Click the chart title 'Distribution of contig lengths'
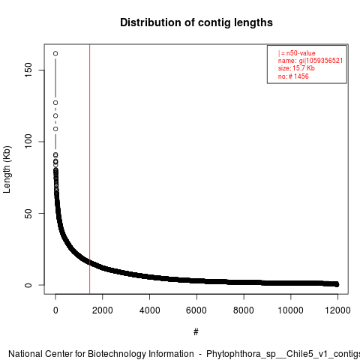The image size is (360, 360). tap(196, 22)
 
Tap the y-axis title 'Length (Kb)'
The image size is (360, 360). tap(7, 169)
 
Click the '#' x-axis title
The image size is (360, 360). tap(196, 332)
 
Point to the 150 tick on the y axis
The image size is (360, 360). tap(28, 70)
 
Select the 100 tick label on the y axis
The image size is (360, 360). tap(28, 142)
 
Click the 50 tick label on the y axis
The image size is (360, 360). tap(28, 213)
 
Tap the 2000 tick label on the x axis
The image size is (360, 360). tap(102, 310)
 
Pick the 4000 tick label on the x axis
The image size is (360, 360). tap(149, 310)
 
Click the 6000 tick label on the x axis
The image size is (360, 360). tap(196, 310)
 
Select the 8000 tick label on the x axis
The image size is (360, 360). tap(244, 310)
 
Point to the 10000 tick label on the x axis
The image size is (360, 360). tap(291, 310)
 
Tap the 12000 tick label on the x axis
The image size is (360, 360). tap(337, 310)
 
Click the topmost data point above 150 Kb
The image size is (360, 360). tap(55, 53)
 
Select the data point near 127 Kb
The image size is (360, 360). tap(55, 103)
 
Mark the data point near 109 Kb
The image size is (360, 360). tap(55, 129)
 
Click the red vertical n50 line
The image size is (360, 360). tap(89, 169)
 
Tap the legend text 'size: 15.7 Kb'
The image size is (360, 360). tap(296, 68)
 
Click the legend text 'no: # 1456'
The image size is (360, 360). tap(293, 76)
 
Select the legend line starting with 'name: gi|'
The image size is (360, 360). tap(310, 61)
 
